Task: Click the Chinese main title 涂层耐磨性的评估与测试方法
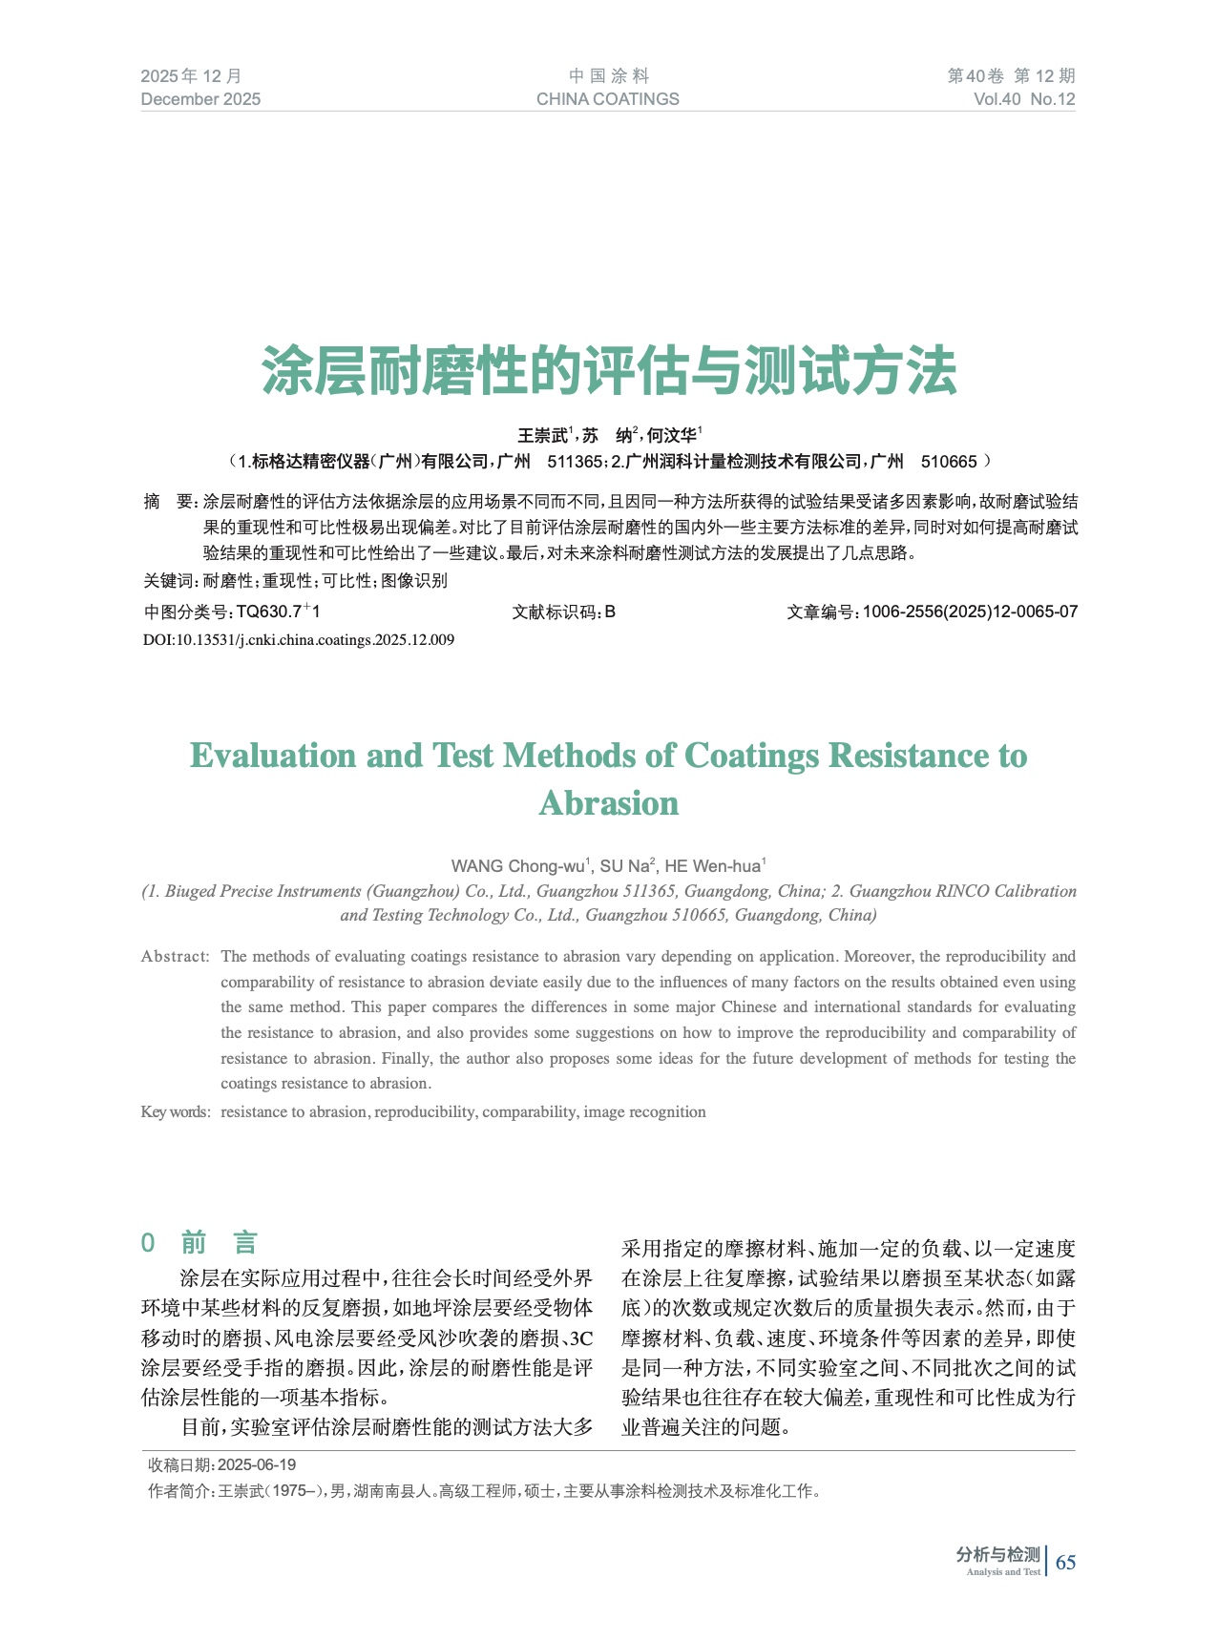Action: pyautogui.click(x=608, y=371)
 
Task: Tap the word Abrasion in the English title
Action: pyautogui.click(x=608, y=803)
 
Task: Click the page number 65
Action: pyautogui.click(x=1065, y=1562)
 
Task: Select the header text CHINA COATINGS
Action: pyautogui.click(x=607, y=99)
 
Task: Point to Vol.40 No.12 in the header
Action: pyautogui.click(x=1024, y=99)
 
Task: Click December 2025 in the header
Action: pyautogui.click(x=200, y=99)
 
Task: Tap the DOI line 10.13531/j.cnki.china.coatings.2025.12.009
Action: pyautogui.click(x=299, y=640)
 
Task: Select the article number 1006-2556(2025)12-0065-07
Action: pyautogui.click(x=970, y=612)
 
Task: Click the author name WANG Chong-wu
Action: pyautogui.click(x=519, y=866)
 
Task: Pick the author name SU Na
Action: pyautogui.click(x=625, y=866)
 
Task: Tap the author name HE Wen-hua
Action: pyautogui.click(x=713, y=866)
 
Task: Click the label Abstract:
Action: pyautogui.click(x=175, y=956)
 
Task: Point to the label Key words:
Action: pyautogui.click(x=175, y=1111)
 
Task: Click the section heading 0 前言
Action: pyautogui.click(x=199, y=1243)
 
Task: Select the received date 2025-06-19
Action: pyautogui.click(x=257, y=1464)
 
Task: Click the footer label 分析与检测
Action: pyautogui.click(x=997, y=1555)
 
